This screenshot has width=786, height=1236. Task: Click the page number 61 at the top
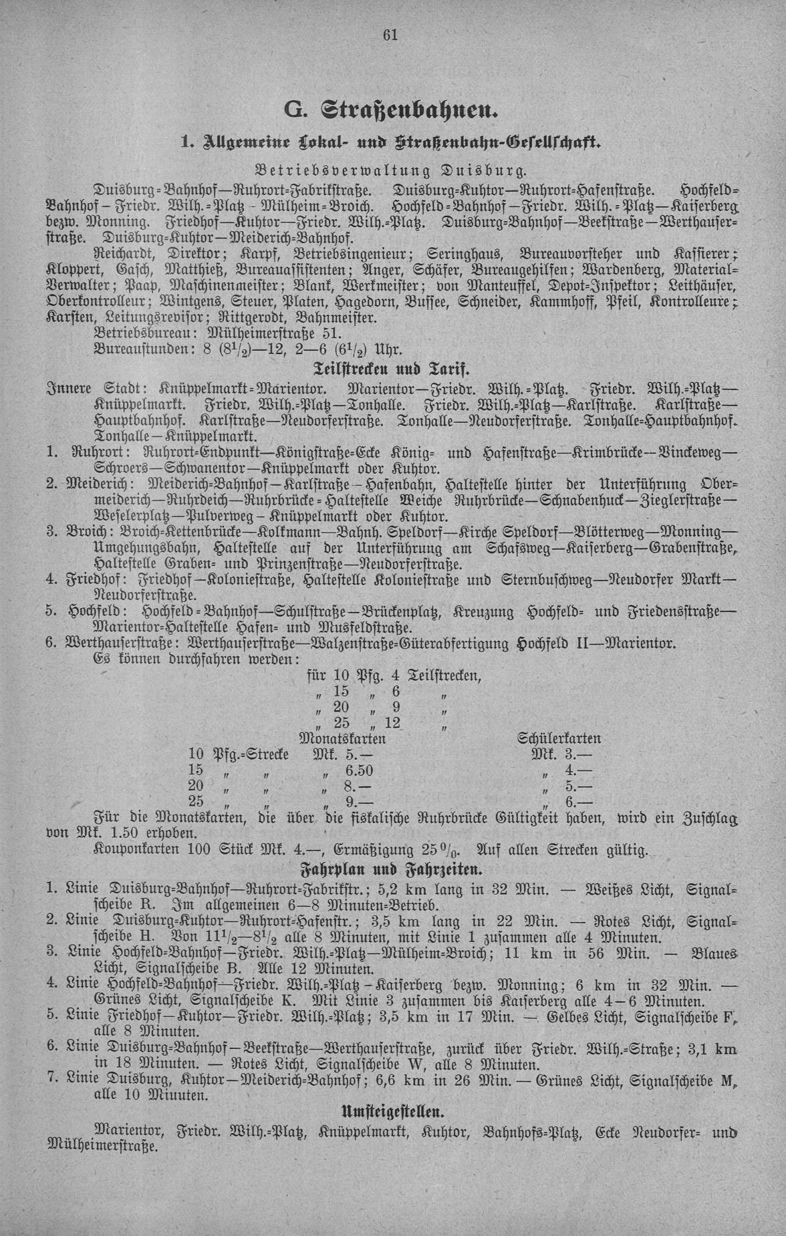(391, 35)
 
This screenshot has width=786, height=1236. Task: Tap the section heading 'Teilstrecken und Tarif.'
(392, 368)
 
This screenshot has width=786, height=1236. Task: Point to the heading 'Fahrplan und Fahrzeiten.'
(392, 870)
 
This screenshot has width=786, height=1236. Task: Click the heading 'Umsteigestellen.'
(392, 1112)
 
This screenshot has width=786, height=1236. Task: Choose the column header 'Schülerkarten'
(559, 739)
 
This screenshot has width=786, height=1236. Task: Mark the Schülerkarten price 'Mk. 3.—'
(560, 755)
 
